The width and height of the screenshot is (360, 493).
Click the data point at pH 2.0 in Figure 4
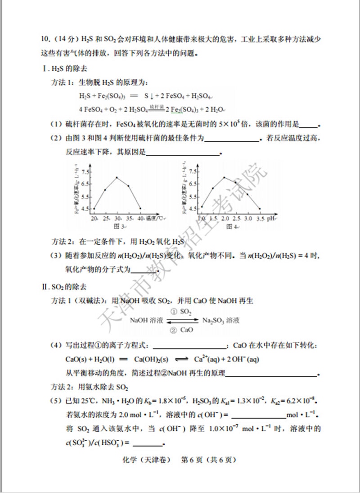(x=224, y=177)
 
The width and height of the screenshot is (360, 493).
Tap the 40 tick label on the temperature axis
(x=140, y=218)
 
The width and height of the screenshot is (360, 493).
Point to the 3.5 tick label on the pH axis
(x=260, y=218)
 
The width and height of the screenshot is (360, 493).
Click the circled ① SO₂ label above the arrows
(x=181, y=312)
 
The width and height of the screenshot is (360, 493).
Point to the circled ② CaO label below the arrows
(x=182, y=330)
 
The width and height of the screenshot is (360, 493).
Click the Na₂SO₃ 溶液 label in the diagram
(x=221, y=321)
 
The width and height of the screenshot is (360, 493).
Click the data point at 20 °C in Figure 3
(x=94, y=208)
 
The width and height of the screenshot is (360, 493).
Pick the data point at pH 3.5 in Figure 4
(x=260, y=208)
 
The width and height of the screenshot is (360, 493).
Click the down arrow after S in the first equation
(x=153, y=96)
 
